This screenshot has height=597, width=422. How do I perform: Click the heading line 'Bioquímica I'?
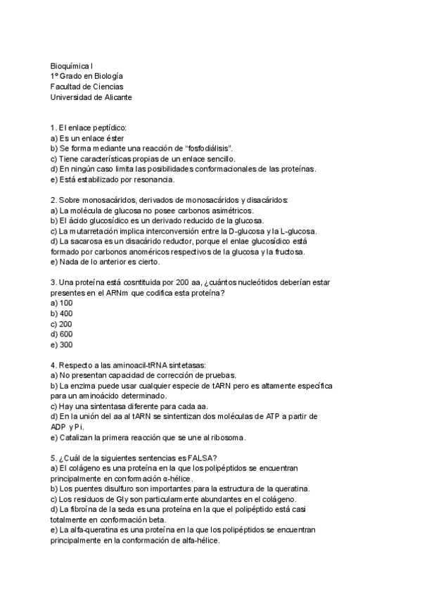[x=72, y=65]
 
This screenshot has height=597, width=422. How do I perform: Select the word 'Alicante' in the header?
[x=115, y=97]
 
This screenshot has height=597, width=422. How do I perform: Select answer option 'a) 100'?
[x=62, y=303]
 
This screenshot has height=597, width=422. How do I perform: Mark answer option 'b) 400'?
[x=62, y=313]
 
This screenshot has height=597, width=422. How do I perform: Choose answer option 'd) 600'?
[x=62, y=334]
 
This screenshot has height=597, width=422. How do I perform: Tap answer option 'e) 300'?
[x=62, y=345]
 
